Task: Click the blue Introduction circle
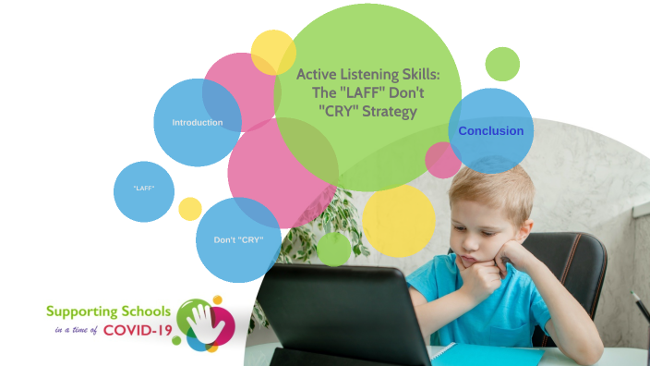pyautogui.click(x=197, y=122)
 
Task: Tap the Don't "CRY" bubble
pyautogui.click(x=238, y=239)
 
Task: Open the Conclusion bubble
pyautogui.click(x=491, y=130)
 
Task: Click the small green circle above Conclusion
pyautogui.click(x=502, y=64)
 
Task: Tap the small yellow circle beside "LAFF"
pyautogui.click(x=190, y=209)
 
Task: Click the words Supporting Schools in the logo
pyautogui.click(x=108, y=311)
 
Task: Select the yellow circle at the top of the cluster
pyautogui.click(x=273, y=53)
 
